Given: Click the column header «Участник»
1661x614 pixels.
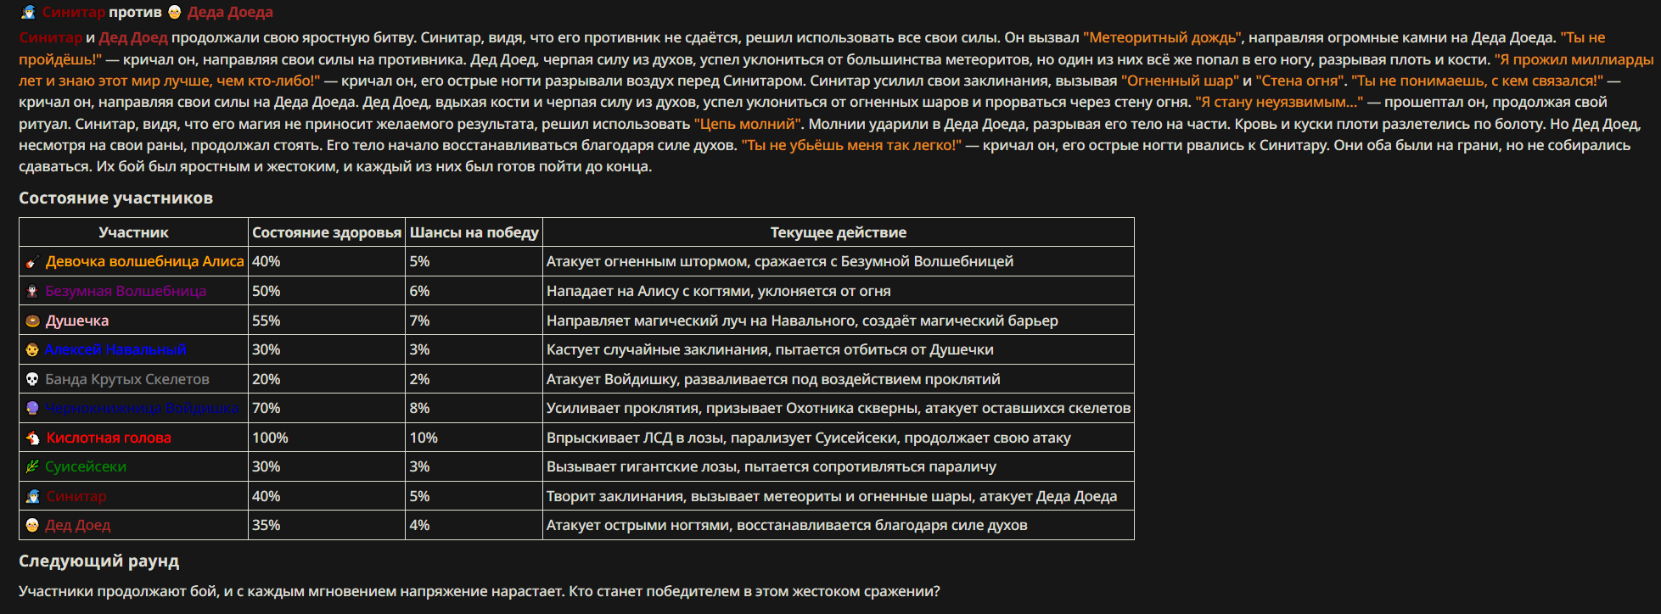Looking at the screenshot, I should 133,232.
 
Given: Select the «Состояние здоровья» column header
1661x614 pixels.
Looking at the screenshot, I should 327,232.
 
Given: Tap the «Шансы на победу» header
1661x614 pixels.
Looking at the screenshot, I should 474,232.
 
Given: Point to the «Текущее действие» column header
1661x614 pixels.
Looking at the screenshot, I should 838,232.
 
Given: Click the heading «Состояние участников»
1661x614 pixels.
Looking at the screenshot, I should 115,198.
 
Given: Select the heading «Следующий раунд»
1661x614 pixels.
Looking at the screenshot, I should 98,561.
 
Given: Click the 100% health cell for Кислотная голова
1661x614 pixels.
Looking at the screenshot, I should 270,438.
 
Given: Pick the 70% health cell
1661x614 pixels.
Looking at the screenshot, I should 266,408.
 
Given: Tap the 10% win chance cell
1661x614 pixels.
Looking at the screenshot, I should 424,438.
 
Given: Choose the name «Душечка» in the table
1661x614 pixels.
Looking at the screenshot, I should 77,321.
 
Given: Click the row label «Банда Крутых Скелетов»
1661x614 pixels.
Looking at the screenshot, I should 127,379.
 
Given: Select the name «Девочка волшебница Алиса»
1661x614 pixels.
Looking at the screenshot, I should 144,261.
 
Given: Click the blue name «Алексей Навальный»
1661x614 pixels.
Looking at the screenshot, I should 115,349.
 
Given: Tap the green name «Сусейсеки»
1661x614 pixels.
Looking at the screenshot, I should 86,466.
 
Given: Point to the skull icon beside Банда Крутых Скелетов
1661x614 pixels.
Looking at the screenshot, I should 32,379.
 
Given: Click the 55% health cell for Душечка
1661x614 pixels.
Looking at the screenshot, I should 266,321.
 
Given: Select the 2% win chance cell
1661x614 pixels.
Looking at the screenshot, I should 419,379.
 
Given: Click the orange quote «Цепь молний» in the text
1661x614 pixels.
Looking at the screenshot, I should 747,124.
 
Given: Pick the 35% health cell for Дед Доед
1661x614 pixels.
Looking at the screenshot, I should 266,525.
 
